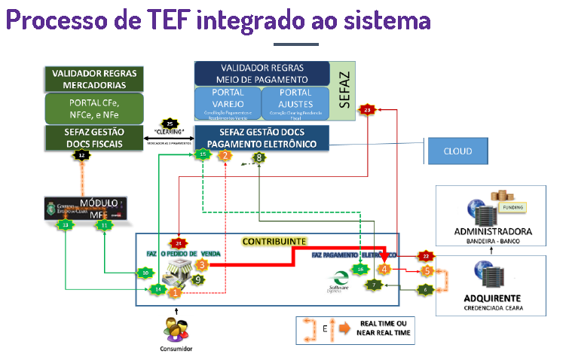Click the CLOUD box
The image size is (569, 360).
(x=457, y=151)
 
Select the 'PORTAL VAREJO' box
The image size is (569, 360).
(x=227, y=102)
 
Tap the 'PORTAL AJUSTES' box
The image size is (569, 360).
(x=295, y=102)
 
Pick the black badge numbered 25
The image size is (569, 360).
(x=170, y=124)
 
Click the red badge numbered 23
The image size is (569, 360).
(x=367, y=111)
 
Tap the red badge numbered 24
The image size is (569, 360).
(x=179, y=243)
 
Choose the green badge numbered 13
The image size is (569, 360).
(x=66, y=224)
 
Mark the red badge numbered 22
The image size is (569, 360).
(x=426, y=255)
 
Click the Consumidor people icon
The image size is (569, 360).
(x=176, y=330)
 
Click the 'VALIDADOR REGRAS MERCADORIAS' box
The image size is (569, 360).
(x=94, y=79)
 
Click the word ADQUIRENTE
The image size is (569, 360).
(x=497, y=297)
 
